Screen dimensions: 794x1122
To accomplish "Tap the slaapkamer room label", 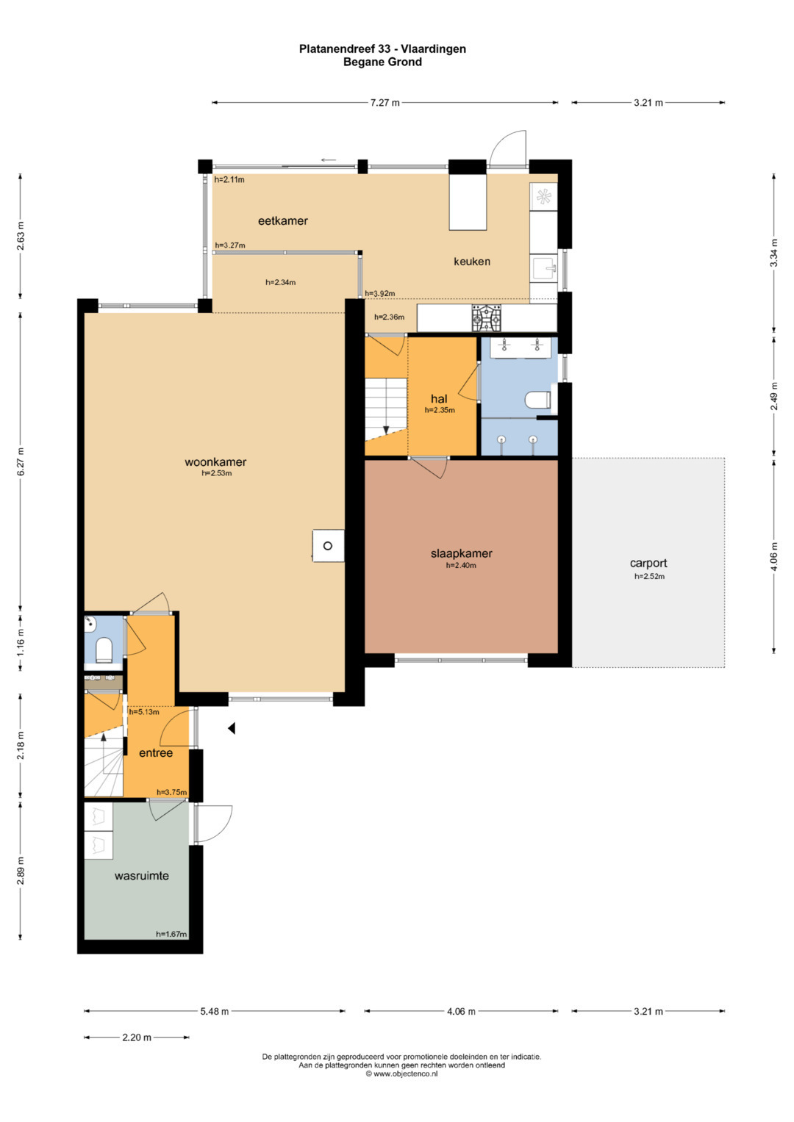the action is [x=461, y=553].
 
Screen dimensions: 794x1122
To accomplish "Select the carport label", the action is [x=648, y=564].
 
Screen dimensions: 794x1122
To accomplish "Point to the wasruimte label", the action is [x=141, y=876].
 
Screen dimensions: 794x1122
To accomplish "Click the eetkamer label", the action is [x=283, y=221].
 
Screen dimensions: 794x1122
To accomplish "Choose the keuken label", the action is [x=472, y=262].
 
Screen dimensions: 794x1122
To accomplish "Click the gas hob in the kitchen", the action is [x=486, y=318].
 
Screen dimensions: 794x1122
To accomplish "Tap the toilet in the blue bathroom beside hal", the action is [x=538, y=400].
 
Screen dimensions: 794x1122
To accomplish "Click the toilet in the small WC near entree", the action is [x=104, y=650].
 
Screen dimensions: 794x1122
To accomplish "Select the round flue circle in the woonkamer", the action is [x=328, y=546].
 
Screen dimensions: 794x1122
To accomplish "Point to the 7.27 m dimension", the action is [x=385, y=103].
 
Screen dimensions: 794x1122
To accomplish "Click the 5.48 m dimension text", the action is [x=215, y=1011].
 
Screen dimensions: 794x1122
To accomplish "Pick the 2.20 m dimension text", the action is [x=137, y=1038].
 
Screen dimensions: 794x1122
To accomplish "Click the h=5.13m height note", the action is [x=144, y=712].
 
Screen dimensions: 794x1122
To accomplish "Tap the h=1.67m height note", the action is [x=171, y=934].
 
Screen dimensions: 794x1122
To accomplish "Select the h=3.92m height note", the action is [x=379, y=293].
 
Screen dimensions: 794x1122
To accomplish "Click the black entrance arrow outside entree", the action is [x=232, y=728].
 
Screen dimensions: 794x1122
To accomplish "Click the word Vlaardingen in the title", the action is [x=434, y=49].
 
